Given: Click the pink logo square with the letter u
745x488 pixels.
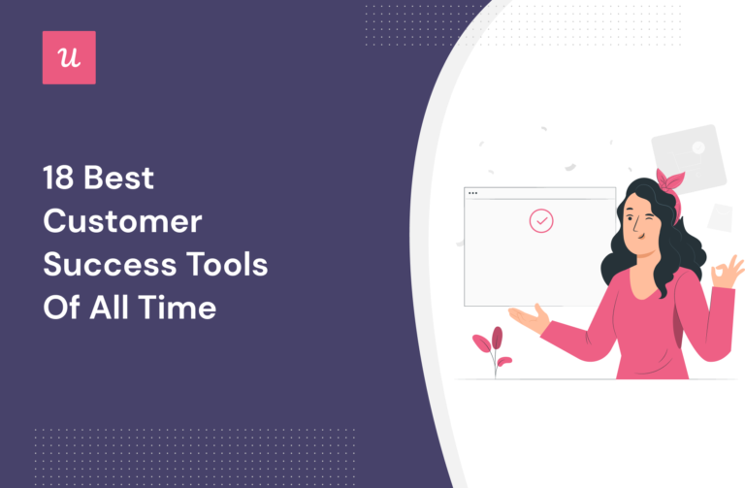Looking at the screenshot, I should [69, 57].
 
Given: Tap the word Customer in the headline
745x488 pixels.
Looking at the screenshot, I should [122, 222].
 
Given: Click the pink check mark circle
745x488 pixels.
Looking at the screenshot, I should [541, 221].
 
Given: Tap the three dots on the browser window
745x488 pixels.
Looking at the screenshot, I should [473, 193].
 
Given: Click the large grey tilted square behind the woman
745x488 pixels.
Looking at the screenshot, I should [689, 155].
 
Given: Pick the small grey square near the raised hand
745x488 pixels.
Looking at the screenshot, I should [720, 218].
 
